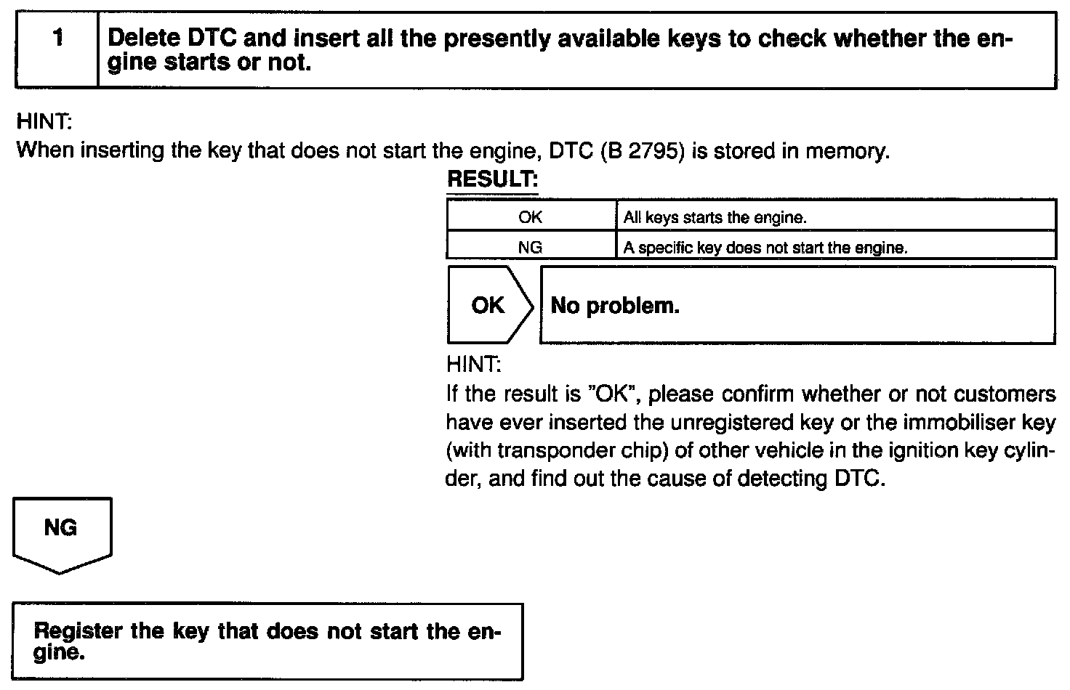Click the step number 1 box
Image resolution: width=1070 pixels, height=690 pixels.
point(57,49)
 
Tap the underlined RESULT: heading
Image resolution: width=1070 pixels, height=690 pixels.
point(492,179)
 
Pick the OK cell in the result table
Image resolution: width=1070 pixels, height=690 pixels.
point(531,217)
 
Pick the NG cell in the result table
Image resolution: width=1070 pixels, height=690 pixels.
point(531,248)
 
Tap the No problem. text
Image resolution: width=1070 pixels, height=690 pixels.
point(615,306)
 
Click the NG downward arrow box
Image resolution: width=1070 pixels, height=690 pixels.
point(61,529)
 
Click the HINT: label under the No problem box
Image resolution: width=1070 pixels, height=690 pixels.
point(474,364)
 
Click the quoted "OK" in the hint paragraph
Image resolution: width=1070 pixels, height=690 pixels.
point(614,394)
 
